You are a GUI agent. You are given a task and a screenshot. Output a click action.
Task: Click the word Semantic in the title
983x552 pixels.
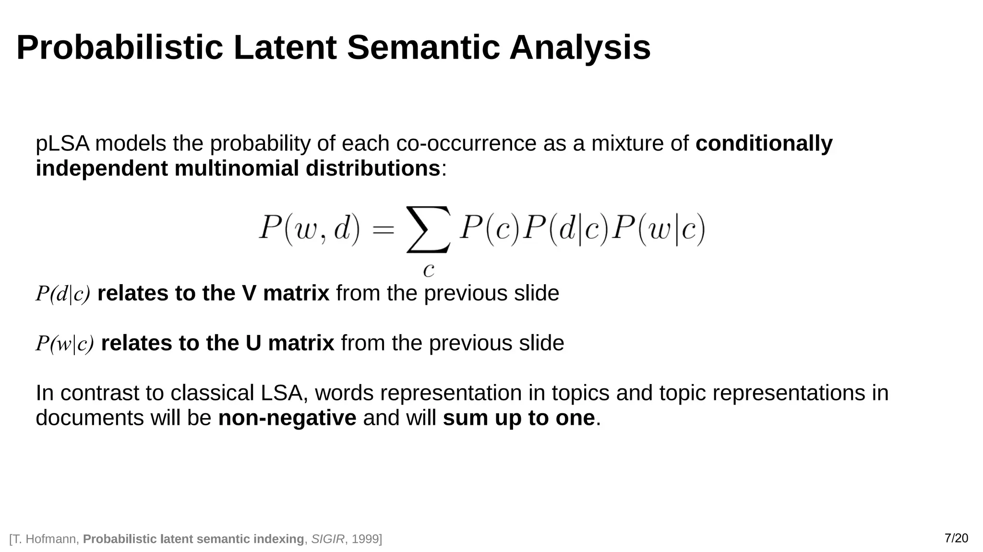pyautogui.click(x=423, y=48)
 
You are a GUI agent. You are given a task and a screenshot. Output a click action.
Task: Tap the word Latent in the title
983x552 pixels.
pyautogui.click(x=285, y=48)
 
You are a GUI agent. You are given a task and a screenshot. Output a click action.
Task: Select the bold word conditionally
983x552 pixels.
pyautogui.click(x=764, y=144)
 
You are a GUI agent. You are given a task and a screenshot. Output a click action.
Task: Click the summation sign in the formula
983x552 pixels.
pyautogui.click(x=428, y=229)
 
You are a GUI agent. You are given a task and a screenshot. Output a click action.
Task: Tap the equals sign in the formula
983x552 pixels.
pyautogui.click(x=383, y=229)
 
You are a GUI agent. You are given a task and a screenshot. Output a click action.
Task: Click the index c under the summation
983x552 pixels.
pyautogui.click(x=429, y=270)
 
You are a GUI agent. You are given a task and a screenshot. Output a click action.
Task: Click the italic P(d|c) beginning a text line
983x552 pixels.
pyautogui.click(x=63, y=294)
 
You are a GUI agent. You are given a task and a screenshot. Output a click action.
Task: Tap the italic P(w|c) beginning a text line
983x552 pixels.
pyautogui.click(x=65, y=344)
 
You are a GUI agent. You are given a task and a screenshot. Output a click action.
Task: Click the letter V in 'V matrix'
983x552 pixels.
pyautogui.click(x=249, y=293)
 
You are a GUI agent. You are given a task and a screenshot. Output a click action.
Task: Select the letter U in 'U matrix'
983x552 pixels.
pyautogui.click(x=253, y=343)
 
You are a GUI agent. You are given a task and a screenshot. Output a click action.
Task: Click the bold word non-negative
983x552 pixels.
pyautogui.click(x=287, y=418)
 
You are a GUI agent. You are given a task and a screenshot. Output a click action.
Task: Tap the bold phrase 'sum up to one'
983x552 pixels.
pyautogui.click(x=518, y=418)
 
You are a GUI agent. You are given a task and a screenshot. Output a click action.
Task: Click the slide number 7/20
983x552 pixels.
pyautogui.click(x=956, y=538)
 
